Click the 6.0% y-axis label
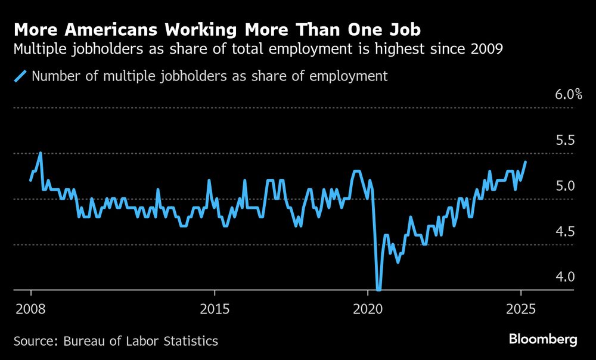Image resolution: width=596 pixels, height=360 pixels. pos(569,95)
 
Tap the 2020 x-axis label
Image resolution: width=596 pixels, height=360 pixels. pos(368,310)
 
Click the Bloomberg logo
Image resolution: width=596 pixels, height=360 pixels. pos(543,340)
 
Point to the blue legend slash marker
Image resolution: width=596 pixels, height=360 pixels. pos(21,76)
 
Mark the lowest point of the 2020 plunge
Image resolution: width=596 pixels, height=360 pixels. pos(378,289)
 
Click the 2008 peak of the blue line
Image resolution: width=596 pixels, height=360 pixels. pos(41,153)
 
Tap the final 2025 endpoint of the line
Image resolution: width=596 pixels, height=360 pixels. pos(525,162)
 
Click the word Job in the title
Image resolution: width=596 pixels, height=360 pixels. pos(403,29)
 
